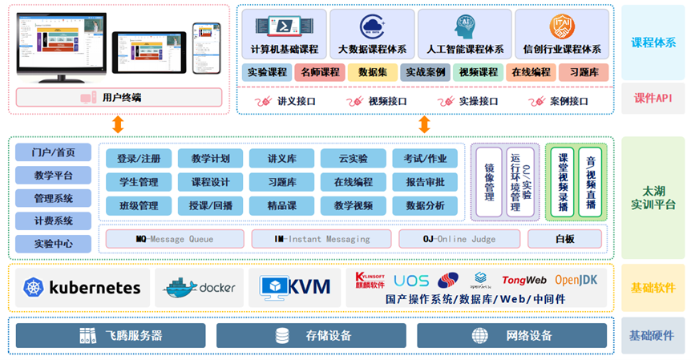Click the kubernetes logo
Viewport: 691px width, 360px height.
pyautogui.click(x=83, y=288)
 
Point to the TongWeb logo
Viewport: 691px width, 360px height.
pyautogui.click(x=523, y=280)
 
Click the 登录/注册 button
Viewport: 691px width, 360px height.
pyautogui.click(x=138, y=158)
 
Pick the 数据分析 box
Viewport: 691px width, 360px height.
pyautogui.click(x=425, y=205)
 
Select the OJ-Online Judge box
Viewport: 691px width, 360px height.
pyautogui.click(x=459, y=239)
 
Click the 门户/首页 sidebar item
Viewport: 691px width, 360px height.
pyautogui.click(x=54, y=153)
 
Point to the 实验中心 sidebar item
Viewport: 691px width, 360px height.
pyautogui.click(x=54, y=244)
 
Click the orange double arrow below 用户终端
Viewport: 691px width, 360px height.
pyautogui.click(x=118, y=124)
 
